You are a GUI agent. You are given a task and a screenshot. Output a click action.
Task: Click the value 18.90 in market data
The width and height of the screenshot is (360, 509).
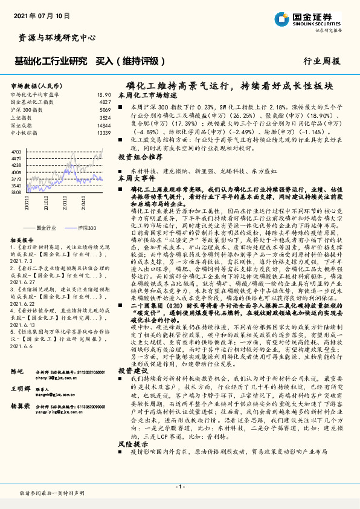click(104, 95)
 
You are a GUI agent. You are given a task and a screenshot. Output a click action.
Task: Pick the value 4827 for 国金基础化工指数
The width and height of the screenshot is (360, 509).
click(104, 103)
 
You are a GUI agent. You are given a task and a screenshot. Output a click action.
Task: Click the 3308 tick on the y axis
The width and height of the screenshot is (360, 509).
click(16, 192)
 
